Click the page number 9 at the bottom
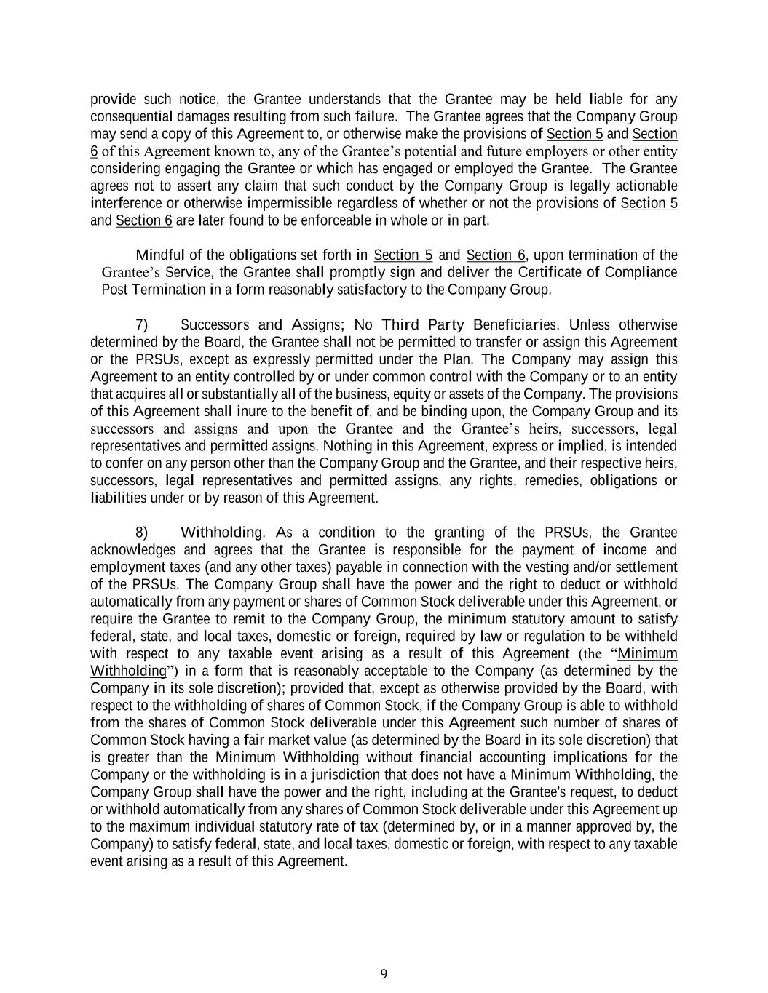pyautogui.click(x=384, y=974)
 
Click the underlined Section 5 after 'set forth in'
pyautogui.click(x=403, y=255)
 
